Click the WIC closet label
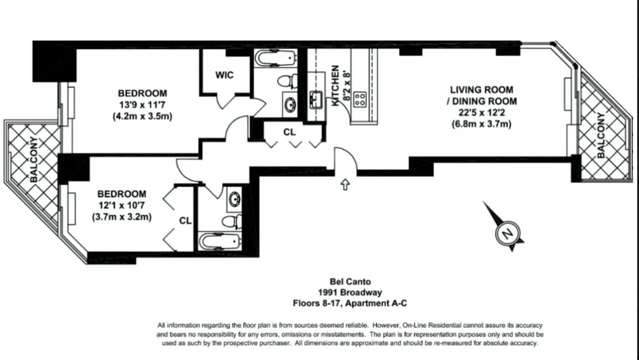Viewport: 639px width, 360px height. click(x=224, y=75)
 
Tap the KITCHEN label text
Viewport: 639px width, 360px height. click(x=335, y=86)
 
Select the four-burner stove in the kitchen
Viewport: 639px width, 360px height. click(x=360, y=99)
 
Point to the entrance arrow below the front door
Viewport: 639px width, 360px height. click(x=345, y=184)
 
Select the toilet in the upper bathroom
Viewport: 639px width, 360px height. click(x=286, y=81)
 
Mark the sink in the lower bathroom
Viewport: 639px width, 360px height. click(x=234, y=199)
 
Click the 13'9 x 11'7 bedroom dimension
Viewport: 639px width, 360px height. click(x=142, y=105)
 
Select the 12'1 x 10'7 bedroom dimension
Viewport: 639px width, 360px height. click(x=121, y=206)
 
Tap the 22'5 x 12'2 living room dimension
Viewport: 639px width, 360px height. click(x=481, y=113)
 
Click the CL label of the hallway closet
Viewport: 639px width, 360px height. click(x=289, y=132)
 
